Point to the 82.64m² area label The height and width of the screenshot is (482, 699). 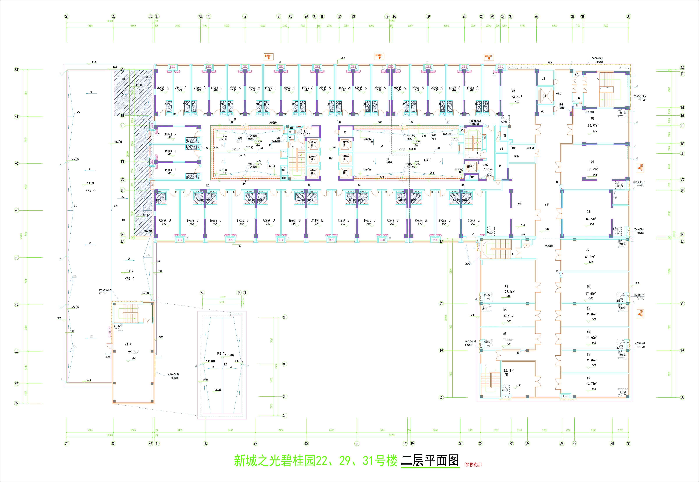coord(591,219)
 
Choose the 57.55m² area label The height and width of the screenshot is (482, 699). coord(590,294)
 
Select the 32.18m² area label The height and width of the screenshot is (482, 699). coord(509,371)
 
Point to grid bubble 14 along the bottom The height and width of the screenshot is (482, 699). coord(357,444)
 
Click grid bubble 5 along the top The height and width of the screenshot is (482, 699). coord(245,16)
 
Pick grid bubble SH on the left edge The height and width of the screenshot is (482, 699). coord(16,117)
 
